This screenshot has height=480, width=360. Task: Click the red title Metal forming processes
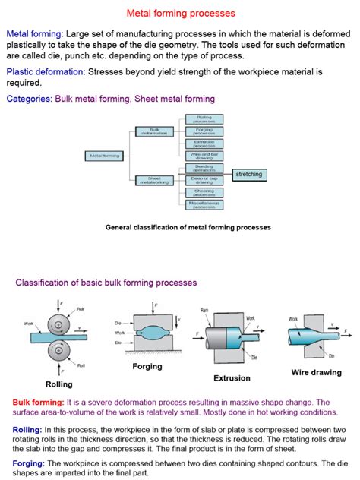coord(180,13)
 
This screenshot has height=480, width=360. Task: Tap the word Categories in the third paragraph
coord(29,99)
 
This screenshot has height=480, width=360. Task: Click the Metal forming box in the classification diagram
coord(106,156)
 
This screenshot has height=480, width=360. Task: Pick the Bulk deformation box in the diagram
coord(155,131)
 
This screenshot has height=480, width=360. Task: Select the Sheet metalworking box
coord(155,180)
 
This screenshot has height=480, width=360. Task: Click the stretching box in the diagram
coord(248,175)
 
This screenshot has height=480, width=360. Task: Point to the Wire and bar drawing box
coord(204,155)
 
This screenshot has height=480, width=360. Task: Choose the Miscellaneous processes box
coord(204,204)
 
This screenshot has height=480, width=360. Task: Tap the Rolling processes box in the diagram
coord(204,119)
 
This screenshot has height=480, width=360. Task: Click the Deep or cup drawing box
coord(204,180)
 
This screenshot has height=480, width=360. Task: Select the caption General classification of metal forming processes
coord(188,227)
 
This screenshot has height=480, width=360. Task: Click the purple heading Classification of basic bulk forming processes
coord(106,283)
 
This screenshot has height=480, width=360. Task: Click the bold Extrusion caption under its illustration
coord(232,377)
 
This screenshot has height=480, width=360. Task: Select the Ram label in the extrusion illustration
coord(205,311)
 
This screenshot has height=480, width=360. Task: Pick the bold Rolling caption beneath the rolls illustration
coord(58,384)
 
